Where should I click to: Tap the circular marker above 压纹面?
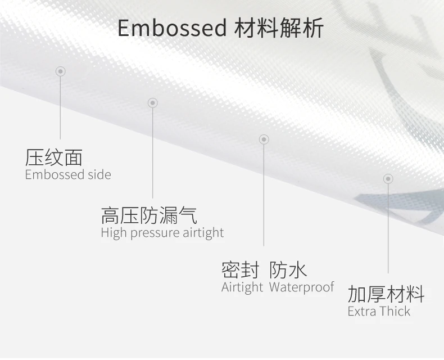click(61, 71)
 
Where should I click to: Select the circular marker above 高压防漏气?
click(152, 103)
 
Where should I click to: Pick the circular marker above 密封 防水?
click(264, 139)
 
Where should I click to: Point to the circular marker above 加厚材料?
click(388, 179)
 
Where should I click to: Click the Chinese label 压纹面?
click(54, 157)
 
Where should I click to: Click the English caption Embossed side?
click(68, 174)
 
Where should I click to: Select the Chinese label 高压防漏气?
click(149, 215)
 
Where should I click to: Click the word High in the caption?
click(114, 233)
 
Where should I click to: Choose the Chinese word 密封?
click(240, 270)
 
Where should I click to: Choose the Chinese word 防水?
click(288, 270)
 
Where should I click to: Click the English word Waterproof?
click(302, 287)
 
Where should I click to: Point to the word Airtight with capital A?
click(242, 287)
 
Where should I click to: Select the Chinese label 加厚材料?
click(386, 294)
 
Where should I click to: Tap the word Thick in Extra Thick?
click(393, 311)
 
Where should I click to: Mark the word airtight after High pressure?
click(203, 233)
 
